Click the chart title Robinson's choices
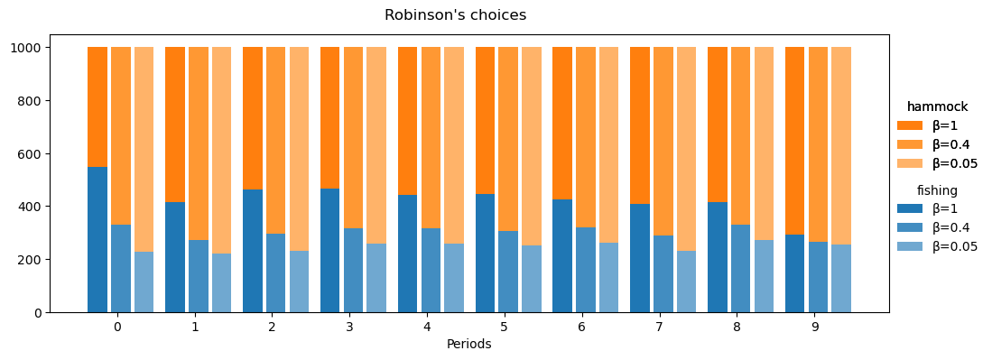(x=455, y=15)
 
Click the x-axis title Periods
(x=468, y=345)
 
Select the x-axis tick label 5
(x=505, y=327)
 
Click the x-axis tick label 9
(x=815, y=327)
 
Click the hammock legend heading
(x=937, y=107)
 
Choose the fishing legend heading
(x=937, y=190)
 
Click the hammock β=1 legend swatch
(x=910, y=125)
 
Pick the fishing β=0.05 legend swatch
(x=910, y=246)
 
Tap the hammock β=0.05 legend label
(x=954, y=163)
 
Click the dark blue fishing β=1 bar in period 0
(x=97, y=240)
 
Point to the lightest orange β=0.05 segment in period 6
(x=608, y=144)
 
